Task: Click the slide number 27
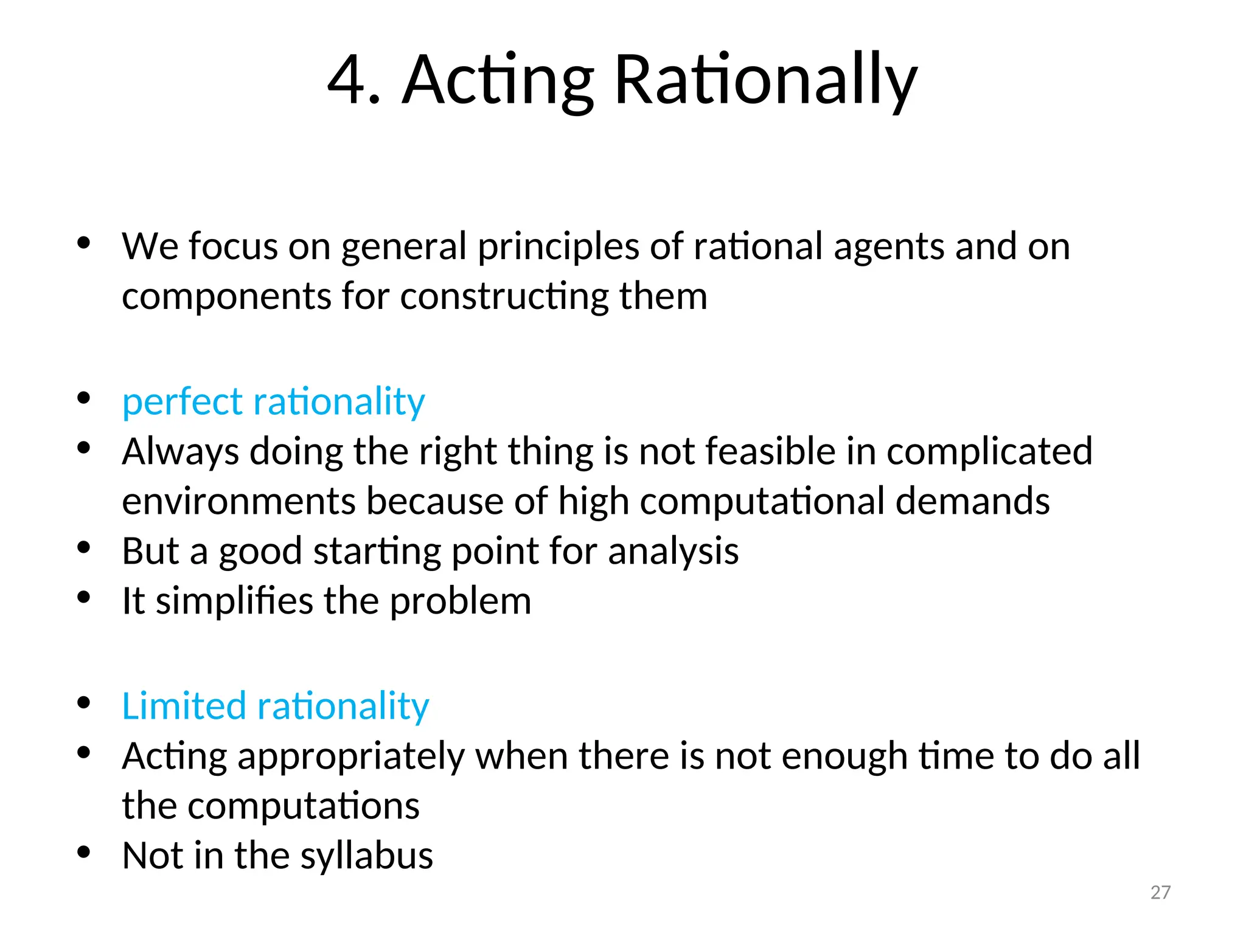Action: (1160, 892)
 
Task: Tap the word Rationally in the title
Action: (765, 80)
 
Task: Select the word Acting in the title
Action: (498, 80)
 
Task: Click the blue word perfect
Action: (183, 402)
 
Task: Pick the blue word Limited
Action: (184, 706)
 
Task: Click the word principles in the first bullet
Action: (558, 247)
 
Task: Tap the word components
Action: (226, 297)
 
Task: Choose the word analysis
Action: (673, 552)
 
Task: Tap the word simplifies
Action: (234, 601)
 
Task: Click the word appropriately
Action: (351, 756)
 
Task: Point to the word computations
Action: (304, 806)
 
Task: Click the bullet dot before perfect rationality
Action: (84, 398)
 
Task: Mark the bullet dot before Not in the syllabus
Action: (84, 852)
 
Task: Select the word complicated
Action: (989, 452)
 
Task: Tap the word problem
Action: (461, 601)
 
